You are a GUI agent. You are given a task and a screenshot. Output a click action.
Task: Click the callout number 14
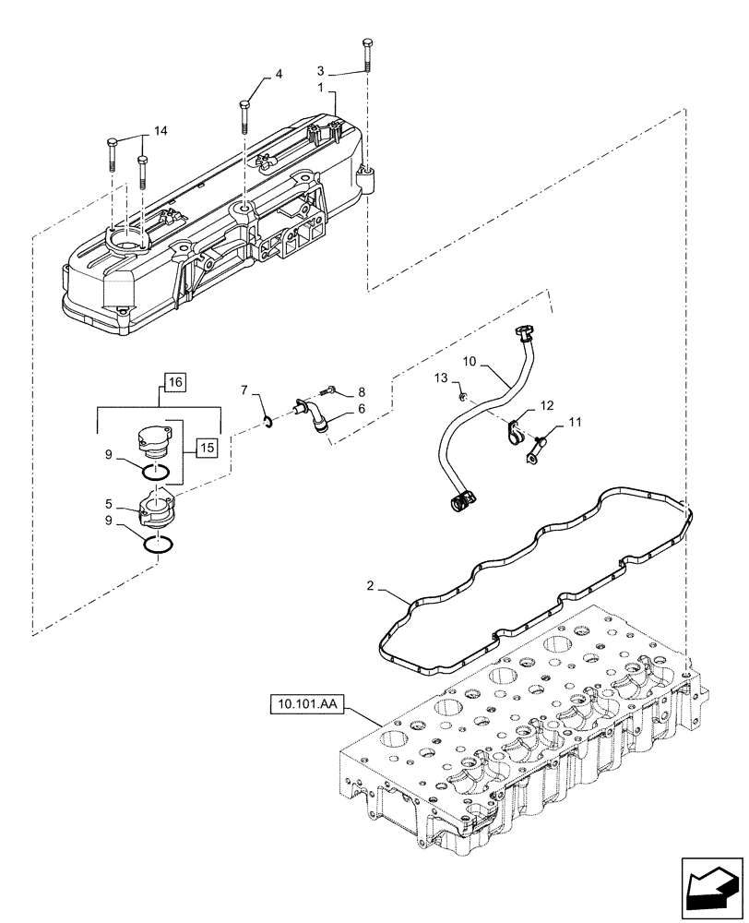click(x=160, y=132)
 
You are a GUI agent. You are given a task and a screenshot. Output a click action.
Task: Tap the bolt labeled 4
click(x=244, y=115)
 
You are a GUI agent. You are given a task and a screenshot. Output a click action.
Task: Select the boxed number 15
click(x=206, y=448)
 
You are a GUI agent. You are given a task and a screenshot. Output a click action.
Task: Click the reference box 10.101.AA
click(x=306, y=707)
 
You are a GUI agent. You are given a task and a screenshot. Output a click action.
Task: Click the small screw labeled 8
click(x=330, y=390)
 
